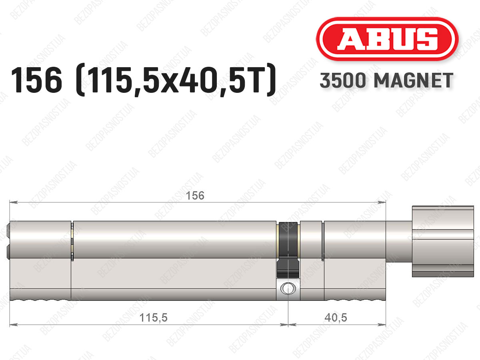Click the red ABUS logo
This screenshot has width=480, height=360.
point(387,39)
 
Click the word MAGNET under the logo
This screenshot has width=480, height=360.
point(414,80)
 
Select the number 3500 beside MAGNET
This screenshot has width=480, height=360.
point(343,80)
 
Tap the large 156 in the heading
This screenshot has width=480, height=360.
point(36,80)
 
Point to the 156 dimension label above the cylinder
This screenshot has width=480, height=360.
point(195,196)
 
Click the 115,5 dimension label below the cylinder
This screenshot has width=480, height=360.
point(153,318)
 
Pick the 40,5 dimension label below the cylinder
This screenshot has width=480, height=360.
point(336,318)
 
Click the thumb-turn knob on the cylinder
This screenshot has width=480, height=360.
point(443,241)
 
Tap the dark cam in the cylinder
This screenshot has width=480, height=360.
point(288,250)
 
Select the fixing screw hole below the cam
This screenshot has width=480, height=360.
point(288,288)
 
